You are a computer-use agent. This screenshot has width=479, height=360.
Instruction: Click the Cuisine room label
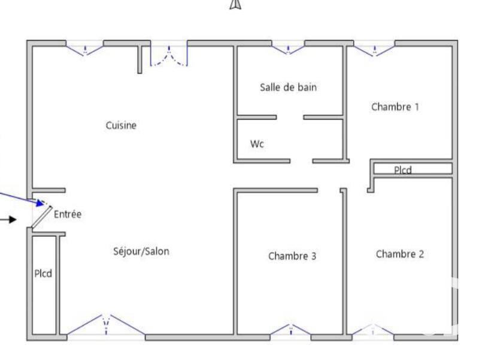(121, 125)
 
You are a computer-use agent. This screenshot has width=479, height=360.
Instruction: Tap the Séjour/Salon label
(141, 251)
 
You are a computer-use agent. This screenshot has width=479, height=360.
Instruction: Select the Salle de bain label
(288, 87)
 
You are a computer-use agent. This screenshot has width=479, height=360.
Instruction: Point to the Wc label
(257, 144)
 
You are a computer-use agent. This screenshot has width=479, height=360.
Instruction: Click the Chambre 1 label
(395, 107)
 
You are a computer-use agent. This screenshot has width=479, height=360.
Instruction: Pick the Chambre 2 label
(399, 254)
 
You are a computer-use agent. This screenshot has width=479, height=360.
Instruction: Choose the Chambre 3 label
(292, 256)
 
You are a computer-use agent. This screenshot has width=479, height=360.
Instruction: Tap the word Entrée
(68, 214)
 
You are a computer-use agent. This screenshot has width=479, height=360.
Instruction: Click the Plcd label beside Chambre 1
(403, 170)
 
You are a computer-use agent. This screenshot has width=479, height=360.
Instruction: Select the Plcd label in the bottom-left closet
(43, 274)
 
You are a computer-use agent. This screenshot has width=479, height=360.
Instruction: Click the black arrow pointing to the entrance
(8, 219)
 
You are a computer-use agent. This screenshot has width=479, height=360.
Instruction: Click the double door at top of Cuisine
(169, 55)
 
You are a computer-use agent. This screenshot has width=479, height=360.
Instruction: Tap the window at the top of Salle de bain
(288, 48)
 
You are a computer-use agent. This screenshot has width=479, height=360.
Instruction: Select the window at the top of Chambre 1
(374, 49)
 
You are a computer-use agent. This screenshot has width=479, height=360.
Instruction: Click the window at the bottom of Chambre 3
(291, 329)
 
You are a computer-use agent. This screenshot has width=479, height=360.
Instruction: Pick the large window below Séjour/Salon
(106, 325)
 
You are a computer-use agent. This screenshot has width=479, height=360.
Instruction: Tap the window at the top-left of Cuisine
(84, 48)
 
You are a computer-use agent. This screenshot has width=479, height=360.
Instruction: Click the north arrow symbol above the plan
(235, 5)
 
